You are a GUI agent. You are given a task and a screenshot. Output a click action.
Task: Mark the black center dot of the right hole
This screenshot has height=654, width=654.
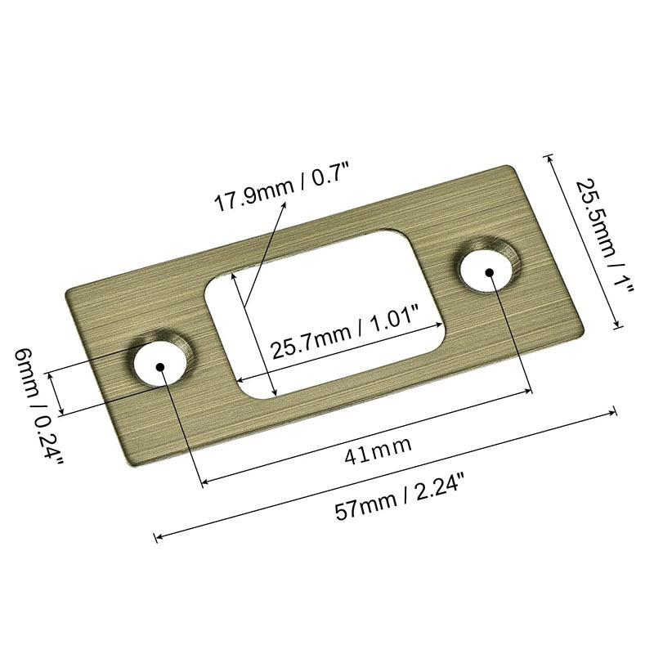pos(489,271)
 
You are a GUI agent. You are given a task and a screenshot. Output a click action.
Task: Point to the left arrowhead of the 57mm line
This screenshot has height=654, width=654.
pos(157,537)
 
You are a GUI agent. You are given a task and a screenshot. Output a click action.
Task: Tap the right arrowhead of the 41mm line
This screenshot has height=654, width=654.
pos(530,391)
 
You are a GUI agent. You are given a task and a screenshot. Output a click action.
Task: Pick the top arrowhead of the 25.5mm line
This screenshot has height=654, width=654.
pos(549,155)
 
